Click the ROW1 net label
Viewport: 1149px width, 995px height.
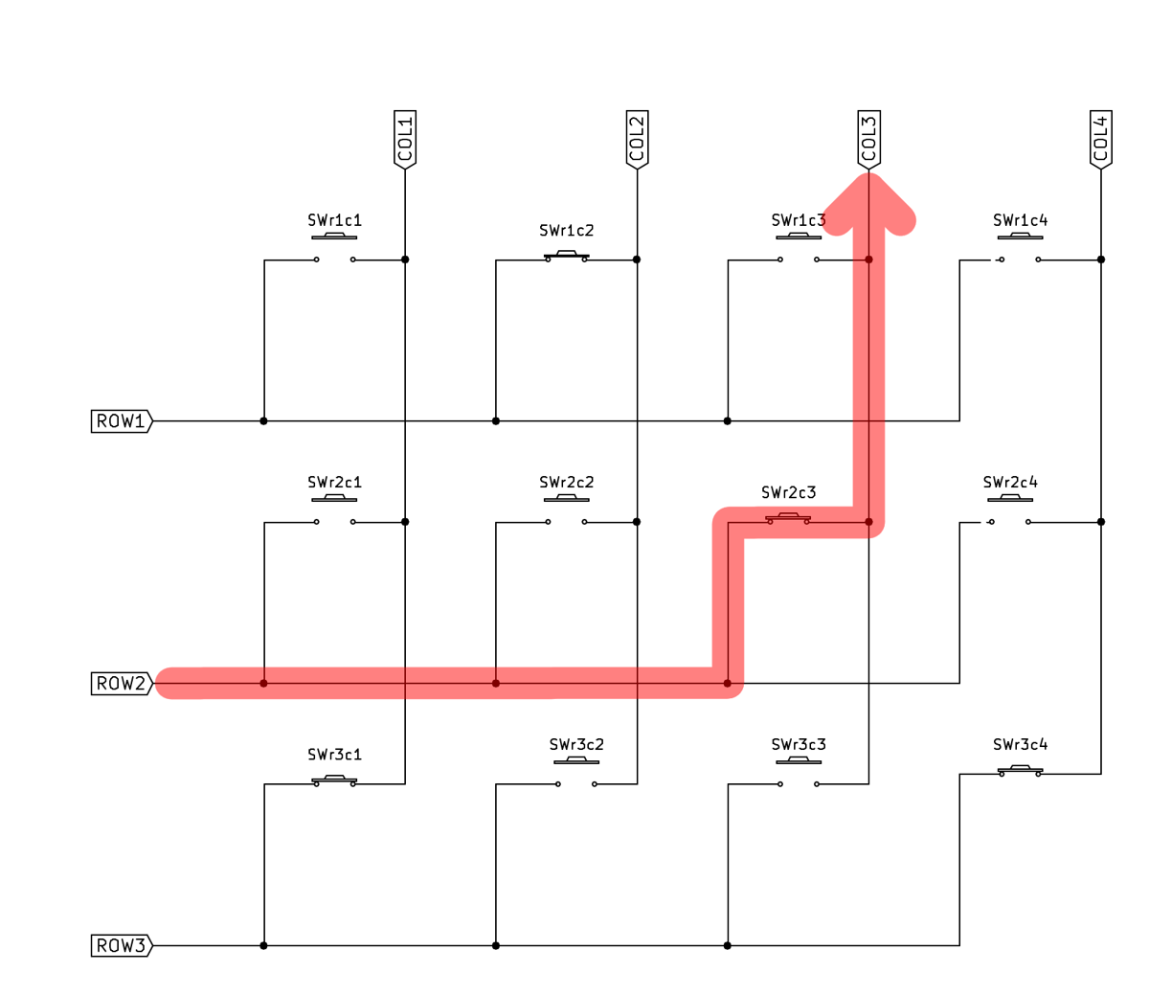(x=121, y=421)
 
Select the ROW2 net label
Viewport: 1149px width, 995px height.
(x=121, y=684)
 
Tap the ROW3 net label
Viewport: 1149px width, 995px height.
(x=121, y=946)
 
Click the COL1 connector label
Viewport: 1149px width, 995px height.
(x=405, y=139)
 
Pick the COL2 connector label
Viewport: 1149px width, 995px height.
(x=637, y=139)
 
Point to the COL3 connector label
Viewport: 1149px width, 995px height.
(x=868, y=139)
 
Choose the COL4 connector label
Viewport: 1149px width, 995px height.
(x=1101, y=139)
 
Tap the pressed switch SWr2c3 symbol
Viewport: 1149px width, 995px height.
(x=788, y=519)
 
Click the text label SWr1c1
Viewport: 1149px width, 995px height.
(x=334, y=220)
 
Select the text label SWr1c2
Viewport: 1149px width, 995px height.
(x=566, y=231)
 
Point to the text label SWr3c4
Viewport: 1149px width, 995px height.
(x=1020, y=745)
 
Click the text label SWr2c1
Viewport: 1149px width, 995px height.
(x=334, y=483)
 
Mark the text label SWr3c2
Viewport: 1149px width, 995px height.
(x=576, y=745)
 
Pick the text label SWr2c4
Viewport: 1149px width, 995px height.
(x=1010, y=483)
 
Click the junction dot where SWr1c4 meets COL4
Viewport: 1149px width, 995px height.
(x=1101, y=260)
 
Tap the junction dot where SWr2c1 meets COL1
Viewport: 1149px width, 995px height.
(x=405, y=522)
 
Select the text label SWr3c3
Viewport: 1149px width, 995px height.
(x=799, y=745)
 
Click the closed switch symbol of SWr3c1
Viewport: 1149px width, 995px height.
(x=334, y=781)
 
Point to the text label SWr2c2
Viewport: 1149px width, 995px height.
(x=566, y=483)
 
